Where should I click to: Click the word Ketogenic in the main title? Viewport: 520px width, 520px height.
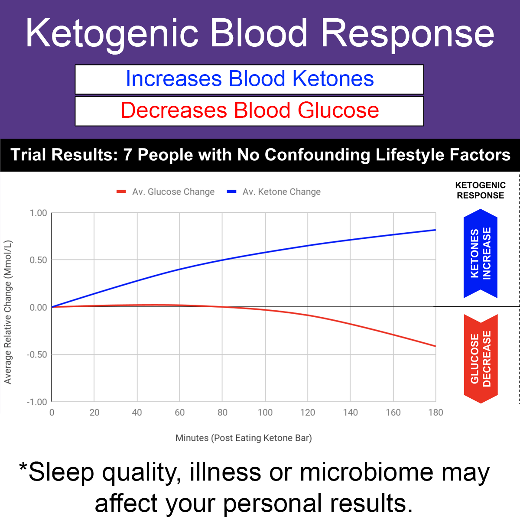(x=112, y=34)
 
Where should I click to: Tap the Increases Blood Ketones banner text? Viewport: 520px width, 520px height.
(x=250, y=79)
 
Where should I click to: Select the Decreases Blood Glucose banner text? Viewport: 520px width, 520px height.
(x=250, y=110)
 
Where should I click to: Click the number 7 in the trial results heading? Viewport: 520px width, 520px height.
(x=127, y=155)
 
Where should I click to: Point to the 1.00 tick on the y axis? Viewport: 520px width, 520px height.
(x=38, y=213)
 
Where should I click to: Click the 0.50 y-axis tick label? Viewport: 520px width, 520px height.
(x=38, y=260)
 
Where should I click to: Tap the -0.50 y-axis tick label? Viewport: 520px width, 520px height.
(x=37, y=354)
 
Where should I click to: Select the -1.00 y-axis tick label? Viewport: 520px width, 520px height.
(x=37, y=402)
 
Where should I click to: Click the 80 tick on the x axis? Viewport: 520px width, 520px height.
(x=222, y=413)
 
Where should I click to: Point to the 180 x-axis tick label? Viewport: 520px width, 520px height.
(x=435, y=413)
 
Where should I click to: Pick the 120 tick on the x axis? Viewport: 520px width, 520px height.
(x=308, y=413)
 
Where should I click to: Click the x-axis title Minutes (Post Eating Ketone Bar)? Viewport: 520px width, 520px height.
(x=244, y=438)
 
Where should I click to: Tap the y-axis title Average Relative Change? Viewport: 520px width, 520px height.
(x=8, y=312)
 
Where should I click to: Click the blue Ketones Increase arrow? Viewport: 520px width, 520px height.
(x=481, y=253)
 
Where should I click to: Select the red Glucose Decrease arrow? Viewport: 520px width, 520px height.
(x=481, y=359)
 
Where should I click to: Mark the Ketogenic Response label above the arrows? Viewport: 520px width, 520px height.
(x=480, y=190)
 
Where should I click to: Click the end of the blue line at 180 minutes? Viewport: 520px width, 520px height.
(x=435, y=230)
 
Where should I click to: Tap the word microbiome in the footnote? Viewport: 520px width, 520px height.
(x=366, y=472)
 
